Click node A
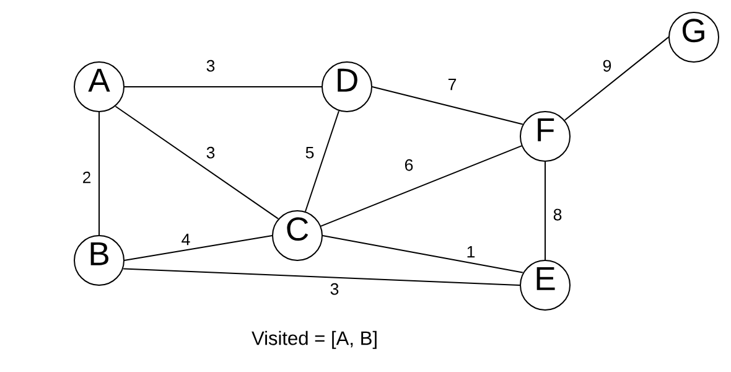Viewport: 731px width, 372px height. (99, 86)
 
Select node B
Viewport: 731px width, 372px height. (99, 260)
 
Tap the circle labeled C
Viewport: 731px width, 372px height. (297, 235)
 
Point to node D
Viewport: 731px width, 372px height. (347, 86)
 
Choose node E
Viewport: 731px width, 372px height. (545, 285)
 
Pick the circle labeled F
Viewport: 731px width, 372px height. (545, 136)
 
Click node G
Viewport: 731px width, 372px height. (694, 37)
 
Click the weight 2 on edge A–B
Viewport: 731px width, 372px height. (86, 178)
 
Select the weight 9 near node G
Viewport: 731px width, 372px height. (606, 66)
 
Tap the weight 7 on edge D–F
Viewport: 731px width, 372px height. (452, 85)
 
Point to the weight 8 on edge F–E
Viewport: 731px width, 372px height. (557, 215)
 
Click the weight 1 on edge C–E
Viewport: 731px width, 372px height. (470, 252)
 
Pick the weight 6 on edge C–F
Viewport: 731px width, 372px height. (408, 165)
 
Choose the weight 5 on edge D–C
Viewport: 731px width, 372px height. (310, 153)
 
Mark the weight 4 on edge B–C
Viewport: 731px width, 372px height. (186, 240)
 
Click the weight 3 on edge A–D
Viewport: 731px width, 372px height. (210, 66)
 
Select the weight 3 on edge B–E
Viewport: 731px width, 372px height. (335, 290)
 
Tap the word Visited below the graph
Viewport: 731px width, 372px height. (281, 339)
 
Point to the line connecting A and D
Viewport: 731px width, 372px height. (223, 86)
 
